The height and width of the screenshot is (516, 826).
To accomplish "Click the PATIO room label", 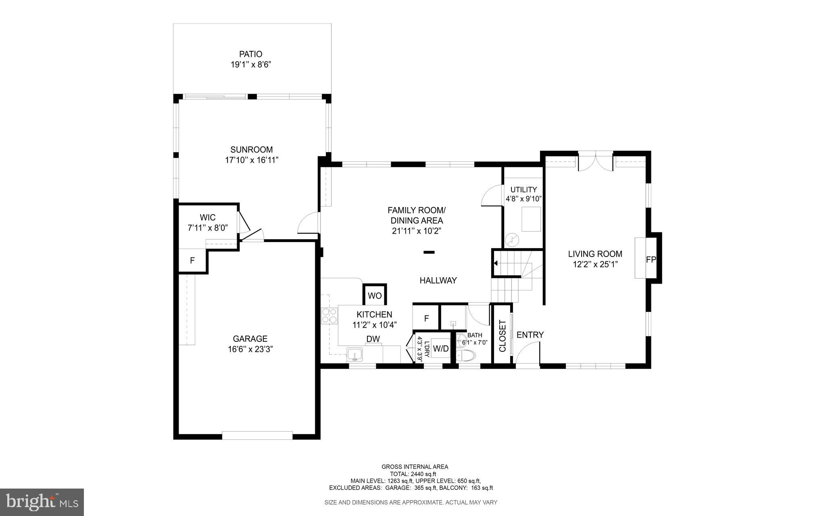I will (250, 54).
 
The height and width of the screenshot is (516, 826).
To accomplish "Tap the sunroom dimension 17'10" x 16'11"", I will (252, 160).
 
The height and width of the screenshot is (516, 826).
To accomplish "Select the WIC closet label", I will (208, 218).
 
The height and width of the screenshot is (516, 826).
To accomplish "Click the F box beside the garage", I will (192, 261).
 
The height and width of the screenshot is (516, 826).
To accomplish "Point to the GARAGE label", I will (250, 339).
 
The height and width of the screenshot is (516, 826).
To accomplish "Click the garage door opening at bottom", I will (257, 435).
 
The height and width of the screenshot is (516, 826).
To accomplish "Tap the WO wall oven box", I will (375, 296).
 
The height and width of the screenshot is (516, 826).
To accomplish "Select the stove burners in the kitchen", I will (329, 315).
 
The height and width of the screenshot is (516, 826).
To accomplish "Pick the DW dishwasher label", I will (373, 339).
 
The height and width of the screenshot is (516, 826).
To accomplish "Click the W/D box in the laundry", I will (441, 349).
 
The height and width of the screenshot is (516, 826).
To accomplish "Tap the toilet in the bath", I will (466, 355).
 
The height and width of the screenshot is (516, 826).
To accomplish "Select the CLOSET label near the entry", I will (503, 336).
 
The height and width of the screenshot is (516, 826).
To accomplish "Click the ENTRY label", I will (530, 335).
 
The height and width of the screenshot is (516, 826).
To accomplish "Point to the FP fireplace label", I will (651, 260).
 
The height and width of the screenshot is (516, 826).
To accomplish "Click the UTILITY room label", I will (524, 190).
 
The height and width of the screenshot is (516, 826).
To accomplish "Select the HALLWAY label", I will (438, 280).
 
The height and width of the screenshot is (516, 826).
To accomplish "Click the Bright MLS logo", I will (42, 502).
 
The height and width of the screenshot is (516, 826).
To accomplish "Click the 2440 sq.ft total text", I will (422, 474).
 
